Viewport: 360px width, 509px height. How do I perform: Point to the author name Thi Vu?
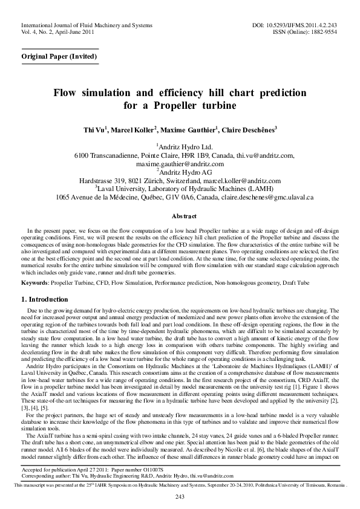94,129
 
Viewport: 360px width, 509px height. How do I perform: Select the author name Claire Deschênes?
249,129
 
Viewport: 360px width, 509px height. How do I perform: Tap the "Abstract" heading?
180,216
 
